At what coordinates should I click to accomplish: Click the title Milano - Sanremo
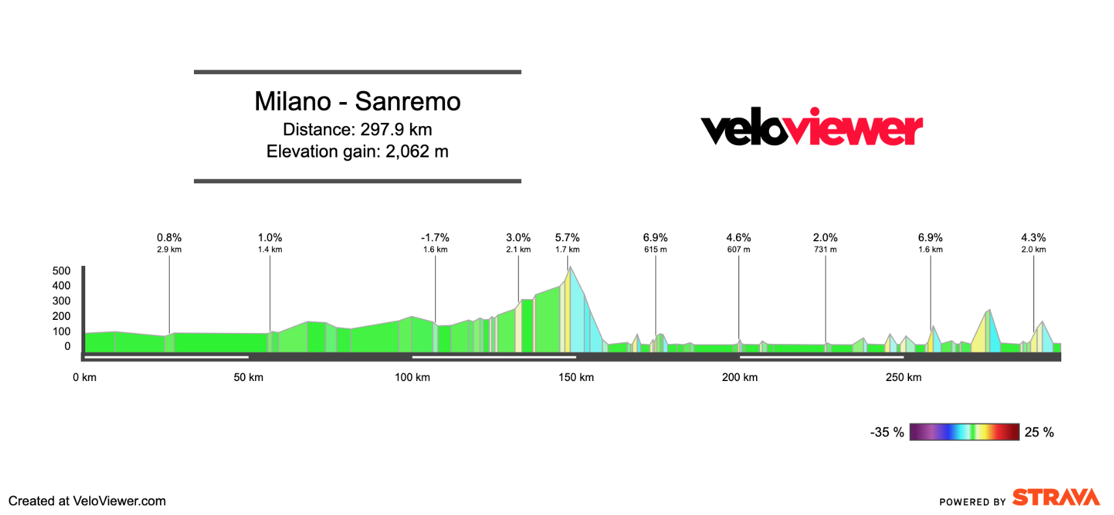click(357, 101)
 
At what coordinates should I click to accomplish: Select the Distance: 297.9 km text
click(357, 129)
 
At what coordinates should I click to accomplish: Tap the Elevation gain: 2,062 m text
click(357, 152)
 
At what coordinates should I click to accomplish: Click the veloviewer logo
click(811, 127)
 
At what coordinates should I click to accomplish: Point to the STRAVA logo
click(1055, 498)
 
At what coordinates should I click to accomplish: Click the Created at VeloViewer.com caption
click(87, 501)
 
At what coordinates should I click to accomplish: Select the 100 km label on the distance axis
click(412, 377)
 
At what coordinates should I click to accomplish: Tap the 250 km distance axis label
click(903, 377)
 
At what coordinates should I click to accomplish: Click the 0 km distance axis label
click(85, 377)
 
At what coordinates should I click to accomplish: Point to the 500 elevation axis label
click(61, 271)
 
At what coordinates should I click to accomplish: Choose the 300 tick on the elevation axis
click(61, 301)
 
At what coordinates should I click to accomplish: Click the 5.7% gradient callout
click(567, 238)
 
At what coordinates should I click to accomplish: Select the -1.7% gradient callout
click(435, 238)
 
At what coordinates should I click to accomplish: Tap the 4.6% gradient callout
click(739, 238)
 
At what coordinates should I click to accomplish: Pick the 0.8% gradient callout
click(169, 238)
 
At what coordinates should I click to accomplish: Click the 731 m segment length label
click(825, 250)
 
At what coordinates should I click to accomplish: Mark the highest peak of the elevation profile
click(570, 267)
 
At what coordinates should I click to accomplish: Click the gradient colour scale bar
click(964, 432)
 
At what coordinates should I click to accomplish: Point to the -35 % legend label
click(887, 432)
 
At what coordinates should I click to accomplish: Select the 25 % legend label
click(1039, 432)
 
